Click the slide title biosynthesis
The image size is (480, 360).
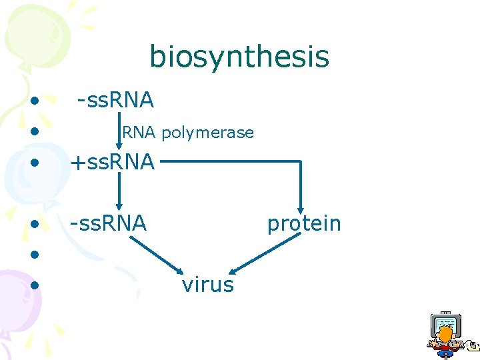pos(239,57)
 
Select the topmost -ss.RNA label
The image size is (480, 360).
pos(115,101)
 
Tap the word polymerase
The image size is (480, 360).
pos(207,133)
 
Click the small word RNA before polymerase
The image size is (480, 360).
pos(138,133)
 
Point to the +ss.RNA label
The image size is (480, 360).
pos(112,162)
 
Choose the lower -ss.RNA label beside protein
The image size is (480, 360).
pos(108,224)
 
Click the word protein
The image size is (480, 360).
pos(303,224)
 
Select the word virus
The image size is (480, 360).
pos(207,285)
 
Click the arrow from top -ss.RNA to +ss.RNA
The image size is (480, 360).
pos(119,130)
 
